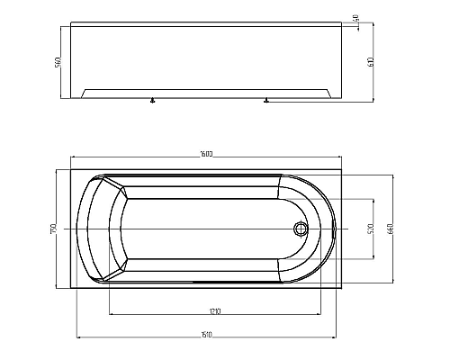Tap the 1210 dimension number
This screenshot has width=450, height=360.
(x=214, y=310)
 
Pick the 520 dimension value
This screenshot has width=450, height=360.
(x=371, y=229)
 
